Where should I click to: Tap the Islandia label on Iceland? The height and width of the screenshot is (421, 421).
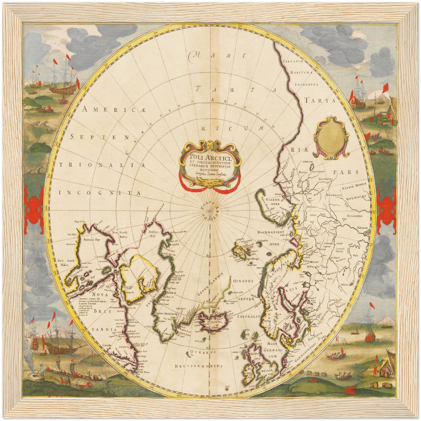pyautogui.click(x=215, y=322)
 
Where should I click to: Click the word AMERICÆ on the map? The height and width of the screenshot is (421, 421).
pyautogui.click(x=114, y=110)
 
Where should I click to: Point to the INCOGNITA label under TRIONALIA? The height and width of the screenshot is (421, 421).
pyautogui.click(x=100, y=193)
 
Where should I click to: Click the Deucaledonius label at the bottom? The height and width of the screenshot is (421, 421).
pyautogui.click(x=199, y=366)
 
